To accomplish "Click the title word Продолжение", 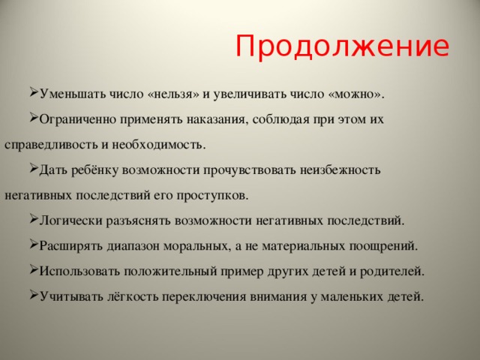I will point(342,46).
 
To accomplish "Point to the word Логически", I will point(70,220).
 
